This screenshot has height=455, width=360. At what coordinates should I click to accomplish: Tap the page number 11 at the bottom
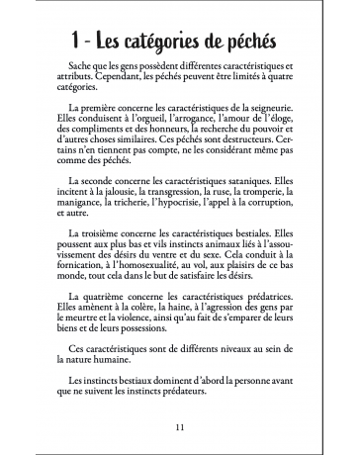[179, 427]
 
